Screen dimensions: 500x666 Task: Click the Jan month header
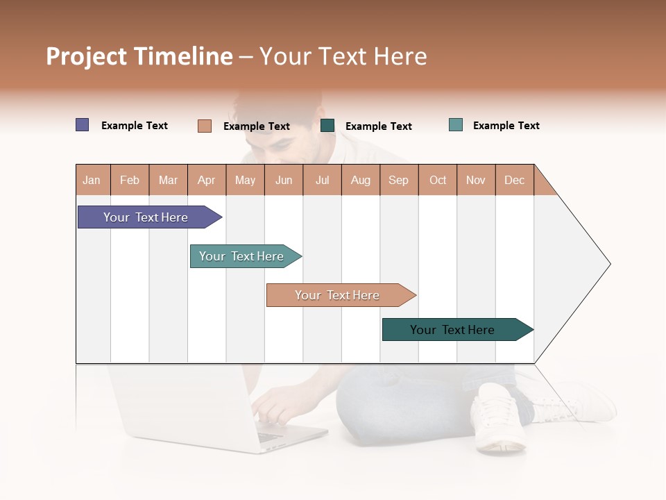coord(92,180)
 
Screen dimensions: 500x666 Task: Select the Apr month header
coord(206,180)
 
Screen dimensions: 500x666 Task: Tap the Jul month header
coord(322,180)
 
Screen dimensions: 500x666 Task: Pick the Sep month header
coord(398,180)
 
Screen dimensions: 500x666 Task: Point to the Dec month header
coord(514,180)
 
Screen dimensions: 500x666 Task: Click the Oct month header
coord(438,180)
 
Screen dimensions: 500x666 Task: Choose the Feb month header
coord(130,180)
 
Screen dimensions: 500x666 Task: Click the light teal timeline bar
coord(243,256)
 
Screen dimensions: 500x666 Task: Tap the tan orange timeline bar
coord(339,295)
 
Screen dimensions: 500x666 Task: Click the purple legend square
coord(82,125)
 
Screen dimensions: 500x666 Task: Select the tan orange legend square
coord(204,126)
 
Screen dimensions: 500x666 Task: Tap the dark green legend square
coord(327,126)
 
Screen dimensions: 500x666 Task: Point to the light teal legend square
coord(455,125)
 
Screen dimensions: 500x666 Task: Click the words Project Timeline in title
coord(139,56)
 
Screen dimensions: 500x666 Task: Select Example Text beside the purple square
coord(135,126)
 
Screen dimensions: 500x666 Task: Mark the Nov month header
coord(476,180)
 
